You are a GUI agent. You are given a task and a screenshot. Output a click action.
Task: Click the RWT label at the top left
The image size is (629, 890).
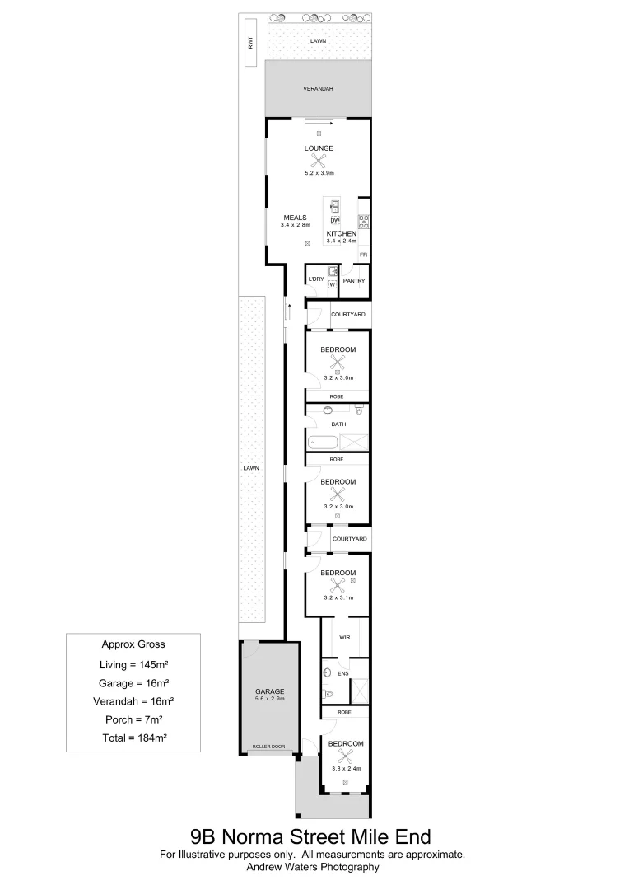(250, 45)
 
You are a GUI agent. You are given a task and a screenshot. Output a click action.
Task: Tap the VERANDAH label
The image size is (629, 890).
(318, 89)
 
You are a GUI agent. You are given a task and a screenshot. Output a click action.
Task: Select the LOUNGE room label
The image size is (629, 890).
(319, 148)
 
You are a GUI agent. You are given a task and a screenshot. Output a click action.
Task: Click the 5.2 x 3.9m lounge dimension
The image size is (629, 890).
(319, 173)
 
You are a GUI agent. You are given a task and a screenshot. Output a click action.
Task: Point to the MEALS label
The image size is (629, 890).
(295, 218)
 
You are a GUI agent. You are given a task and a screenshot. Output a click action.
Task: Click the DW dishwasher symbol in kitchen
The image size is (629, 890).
(335, 221)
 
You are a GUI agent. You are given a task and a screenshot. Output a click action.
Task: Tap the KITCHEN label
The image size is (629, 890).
(341, 233)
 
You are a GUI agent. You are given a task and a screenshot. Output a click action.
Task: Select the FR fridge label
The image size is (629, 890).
(363, 255)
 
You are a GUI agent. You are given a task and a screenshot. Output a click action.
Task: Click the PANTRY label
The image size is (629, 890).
(355, 281)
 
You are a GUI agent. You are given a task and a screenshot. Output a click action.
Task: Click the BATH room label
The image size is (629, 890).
(338, 424)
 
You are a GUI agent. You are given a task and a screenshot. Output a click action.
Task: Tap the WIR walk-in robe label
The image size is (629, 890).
(346, 636)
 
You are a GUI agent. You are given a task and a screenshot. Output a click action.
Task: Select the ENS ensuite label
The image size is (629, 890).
(343, 673)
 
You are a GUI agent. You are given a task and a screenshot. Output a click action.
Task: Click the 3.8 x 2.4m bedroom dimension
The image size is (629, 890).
(346, 768)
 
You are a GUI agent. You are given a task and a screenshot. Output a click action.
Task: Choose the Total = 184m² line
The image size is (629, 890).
(133, 738)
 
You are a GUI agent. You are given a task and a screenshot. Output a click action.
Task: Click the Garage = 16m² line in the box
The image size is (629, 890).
(133, 682)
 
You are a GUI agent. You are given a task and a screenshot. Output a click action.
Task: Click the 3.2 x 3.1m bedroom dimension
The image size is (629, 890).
(338, 597)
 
